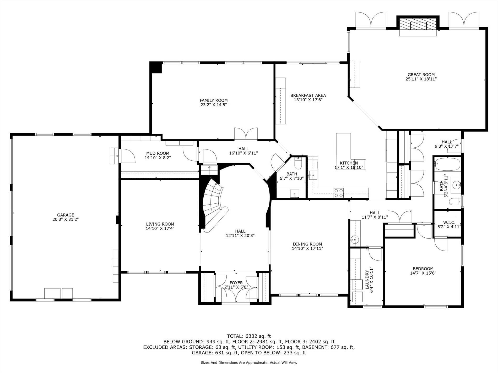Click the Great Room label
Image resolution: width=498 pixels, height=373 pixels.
coord(421,75)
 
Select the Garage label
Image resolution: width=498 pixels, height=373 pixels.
coord(66,215)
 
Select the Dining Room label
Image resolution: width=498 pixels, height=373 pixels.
coord(307,244)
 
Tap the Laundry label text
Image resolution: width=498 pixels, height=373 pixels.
coord(367,280)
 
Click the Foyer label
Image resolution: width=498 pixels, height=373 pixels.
coord(236,283)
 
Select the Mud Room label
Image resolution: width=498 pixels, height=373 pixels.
coord(158,153)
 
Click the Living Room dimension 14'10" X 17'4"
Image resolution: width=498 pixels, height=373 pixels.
coord(160,228)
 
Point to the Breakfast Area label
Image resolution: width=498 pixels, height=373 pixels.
coord(308,95)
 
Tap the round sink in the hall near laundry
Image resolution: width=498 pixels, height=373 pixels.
coord(354,239)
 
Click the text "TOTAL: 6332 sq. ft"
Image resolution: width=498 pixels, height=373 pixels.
coord(249,336)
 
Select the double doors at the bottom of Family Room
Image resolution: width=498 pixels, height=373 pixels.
coord(246,134)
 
